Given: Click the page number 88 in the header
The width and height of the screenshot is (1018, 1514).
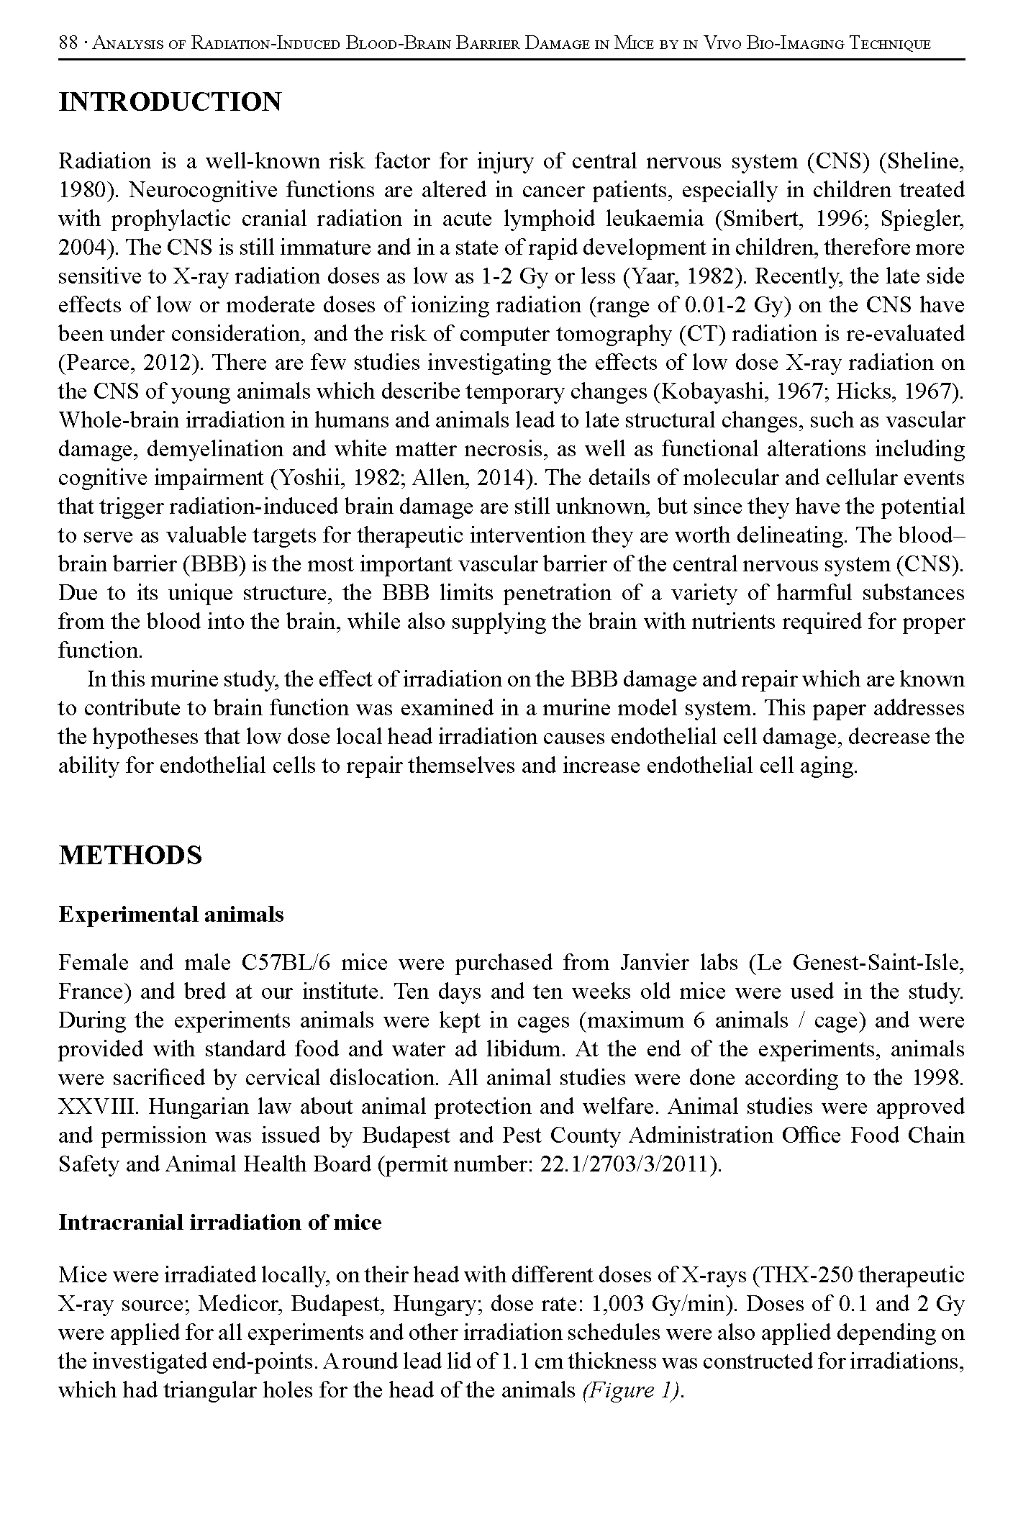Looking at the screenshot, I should point(68,43).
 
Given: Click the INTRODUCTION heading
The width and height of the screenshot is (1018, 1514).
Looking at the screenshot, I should point(170,102).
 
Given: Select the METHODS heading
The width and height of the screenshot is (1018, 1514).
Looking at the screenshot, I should point(130,856).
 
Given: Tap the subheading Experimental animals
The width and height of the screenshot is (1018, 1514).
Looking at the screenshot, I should point(171,915).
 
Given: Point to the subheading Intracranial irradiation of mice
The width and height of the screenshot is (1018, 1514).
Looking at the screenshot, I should point(219,1223).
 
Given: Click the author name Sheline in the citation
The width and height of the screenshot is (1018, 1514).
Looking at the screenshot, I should point(923,162).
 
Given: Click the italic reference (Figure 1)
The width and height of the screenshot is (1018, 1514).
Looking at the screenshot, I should point(630,1391).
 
